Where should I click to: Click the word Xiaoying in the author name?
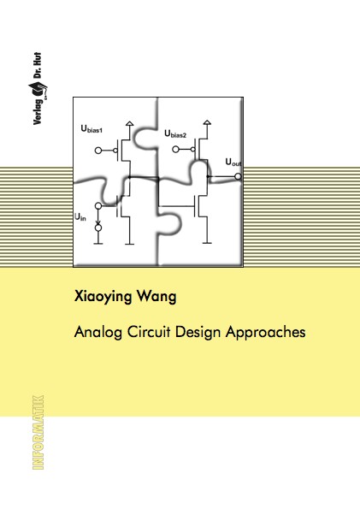tap(103, 297)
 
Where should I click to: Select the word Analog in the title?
tap(98, 333)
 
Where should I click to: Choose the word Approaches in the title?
tap(266, 333)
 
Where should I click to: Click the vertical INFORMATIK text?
tap(38, 432)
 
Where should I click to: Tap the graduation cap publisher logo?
tap(38, 89)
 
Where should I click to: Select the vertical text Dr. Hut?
tap(38, 66)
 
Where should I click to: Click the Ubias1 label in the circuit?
tap(91, 129)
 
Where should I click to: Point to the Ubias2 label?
tap(175, 133)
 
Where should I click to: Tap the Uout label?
tap(233, 163)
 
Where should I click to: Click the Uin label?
tap(80, 216)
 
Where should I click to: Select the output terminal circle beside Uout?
tap(239, 176)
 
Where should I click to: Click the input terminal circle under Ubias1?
tap(98, 151)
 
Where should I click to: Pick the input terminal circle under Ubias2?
tap(175, 150)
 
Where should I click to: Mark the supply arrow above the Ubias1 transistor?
tap(129, 123)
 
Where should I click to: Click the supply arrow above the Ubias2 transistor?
tap(207, 122)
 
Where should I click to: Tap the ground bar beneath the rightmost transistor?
tap(207, 243)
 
